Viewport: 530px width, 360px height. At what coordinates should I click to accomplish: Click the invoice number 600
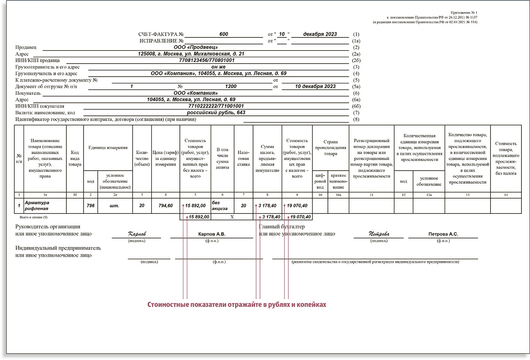224,34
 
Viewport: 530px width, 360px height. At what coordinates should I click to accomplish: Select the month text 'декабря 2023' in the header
320,34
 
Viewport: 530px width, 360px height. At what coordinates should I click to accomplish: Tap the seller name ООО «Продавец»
195,47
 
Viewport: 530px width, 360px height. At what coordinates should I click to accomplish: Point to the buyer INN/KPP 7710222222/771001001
216,106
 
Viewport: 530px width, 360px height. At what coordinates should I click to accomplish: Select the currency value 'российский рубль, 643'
216,113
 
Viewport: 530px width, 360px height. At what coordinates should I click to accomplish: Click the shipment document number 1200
231,87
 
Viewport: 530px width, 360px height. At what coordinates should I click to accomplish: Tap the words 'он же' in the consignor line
218,67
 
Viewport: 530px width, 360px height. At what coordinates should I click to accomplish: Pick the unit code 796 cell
90,206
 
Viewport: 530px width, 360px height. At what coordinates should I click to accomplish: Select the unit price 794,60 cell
165,206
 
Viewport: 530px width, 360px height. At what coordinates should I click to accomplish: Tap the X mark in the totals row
232,217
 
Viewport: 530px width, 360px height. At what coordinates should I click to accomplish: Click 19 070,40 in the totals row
300,217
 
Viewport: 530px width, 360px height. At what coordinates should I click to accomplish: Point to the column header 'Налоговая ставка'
243,158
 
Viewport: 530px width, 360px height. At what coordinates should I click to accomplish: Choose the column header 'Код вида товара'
75,158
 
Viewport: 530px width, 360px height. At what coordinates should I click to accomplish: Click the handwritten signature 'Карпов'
137,234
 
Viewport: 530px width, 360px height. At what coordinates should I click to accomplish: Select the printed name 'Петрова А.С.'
443,234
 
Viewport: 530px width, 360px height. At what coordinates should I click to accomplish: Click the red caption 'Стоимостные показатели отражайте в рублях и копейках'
237,305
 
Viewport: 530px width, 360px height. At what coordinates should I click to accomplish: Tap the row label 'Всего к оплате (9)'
34,217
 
